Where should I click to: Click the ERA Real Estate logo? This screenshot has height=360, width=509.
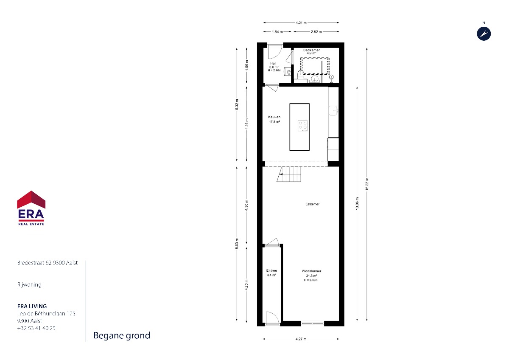(31, 208)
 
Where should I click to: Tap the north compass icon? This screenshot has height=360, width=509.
(484, 34)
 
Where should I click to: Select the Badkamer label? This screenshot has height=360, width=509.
(311, 50)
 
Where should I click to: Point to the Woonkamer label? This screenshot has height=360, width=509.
(311, 271)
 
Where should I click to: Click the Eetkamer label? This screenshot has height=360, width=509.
(313, 204)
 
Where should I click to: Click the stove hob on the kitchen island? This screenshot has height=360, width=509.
(303, 126)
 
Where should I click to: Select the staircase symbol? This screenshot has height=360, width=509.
(289, 174)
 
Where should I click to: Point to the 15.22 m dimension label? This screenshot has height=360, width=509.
(367, 184)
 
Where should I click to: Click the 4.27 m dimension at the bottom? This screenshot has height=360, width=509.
(301, 339)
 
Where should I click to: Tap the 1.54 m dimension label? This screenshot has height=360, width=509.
(277, 32)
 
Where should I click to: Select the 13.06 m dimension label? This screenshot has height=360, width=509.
(357, 203)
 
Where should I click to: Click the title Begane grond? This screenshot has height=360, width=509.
(122, 335)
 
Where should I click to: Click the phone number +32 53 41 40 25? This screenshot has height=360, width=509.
(36, 328)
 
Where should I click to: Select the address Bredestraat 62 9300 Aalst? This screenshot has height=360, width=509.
(48, 263)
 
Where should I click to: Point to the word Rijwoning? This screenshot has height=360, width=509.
(29, 285)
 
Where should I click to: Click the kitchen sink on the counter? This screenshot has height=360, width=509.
(333, 110)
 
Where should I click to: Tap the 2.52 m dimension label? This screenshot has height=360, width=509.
(316, 32)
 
